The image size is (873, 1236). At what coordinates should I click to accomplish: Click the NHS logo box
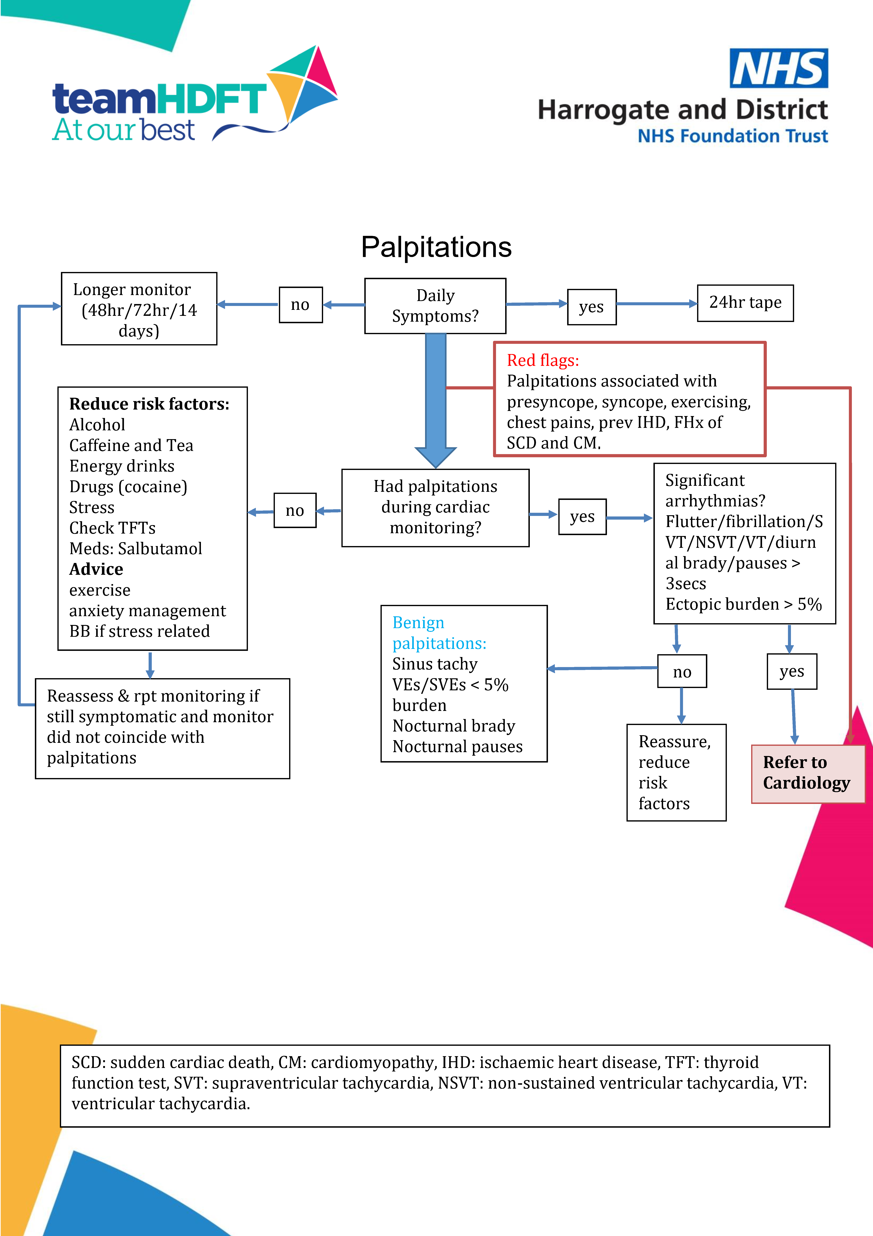[778, 68]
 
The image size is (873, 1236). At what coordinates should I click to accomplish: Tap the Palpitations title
[436, 247]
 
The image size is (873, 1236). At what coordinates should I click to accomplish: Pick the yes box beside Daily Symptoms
[591, 307]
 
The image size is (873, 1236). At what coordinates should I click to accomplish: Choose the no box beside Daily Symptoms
[300, 305]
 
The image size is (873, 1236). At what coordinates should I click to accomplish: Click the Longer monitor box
[139, 309]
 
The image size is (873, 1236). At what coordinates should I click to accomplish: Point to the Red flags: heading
[542, 360]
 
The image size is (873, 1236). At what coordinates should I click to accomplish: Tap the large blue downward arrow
[435, 398]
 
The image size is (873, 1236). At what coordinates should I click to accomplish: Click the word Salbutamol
[160, 549]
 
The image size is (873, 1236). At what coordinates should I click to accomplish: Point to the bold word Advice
[96, 569]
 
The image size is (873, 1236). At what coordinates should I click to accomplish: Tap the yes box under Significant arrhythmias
[792, 671]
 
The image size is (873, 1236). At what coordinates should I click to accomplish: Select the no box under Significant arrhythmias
[682, 672]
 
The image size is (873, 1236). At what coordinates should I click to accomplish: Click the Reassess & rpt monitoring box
[162, 728]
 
